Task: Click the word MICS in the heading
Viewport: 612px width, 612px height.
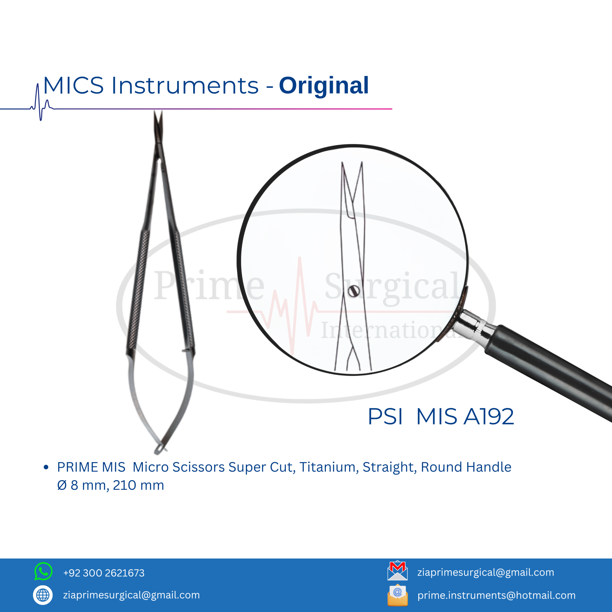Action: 73,86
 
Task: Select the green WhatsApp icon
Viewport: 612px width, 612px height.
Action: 43,571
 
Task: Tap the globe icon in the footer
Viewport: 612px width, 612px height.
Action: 43,595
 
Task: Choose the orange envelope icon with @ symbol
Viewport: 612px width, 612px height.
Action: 398,595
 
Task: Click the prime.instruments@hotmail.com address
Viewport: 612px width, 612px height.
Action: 496,595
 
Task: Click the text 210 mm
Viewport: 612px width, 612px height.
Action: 138,485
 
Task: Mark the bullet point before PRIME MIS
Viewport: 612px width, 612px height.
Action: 46,467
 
